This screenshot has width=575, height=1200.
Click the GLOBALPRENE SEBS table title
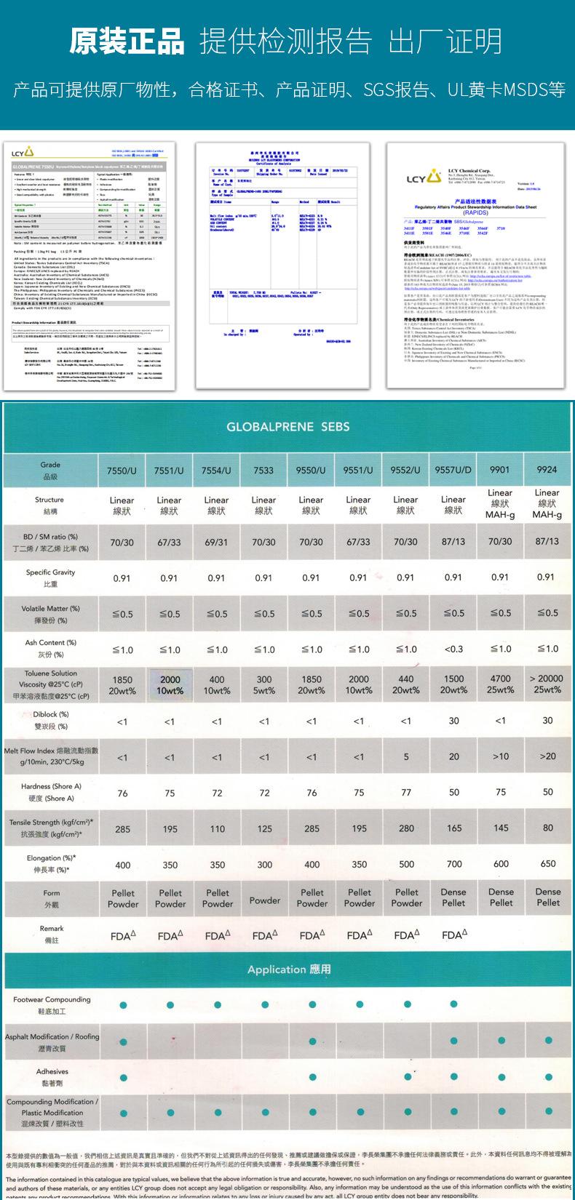pos(288,427)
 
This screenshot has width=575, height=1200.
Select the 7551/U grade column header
pos(169,470)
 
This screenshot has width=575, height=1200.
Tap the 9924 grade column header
pos(547,470)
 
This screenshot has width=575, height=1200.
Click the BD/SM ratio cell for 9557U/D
pos(453,542)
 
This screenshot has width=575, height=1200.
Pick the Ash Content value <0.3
pos(453,649)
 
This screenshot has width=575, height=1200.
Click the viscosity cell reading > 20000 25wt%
pos(547,684)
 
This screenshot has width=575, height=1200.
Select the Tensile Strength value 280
pos(406,828)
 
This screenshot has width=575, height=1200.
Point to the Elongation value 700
pos(453,864)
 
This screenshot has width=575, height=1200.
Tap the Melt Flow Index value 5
pos(406,756)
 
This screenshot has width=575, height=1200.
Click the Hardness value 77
pos(406,792)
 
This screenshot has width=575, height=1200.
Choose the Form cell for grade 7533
pos(264,900)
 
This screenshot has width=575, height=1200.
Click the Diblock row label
pos(51,720)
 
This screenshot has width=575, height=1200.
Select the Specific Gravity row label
pos(51,577)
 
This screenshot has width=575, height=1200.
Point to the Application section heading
pos(288,969)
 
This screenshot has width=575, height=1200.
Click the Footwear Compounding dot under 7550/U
pos(122,1005)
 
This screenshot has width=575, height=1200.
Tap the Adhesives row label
pos(52,1077)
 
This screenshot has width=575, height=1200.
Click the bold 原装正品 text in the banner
pos(127,41)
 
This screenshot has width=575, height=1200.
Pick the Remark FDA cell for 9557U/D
pos(453,935)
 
